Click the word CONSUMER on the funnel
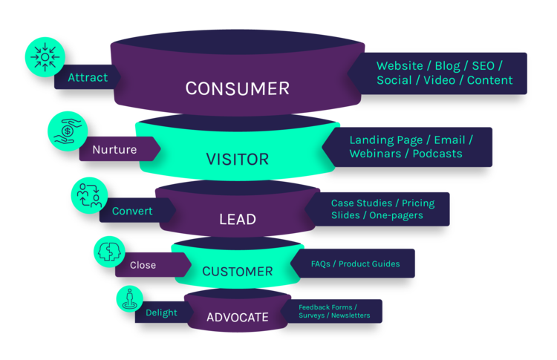point(237,88)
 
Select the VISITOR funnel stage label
point(237,159)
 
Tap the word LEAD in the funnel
point(237,220)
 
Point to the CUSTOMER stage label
point(237,271)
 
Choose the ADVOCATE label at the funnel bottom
point(237,318)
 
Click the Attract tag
point(88,77)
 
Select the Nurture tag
point(114,149)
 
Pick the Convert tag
point(132,211)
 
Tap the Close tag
point(143,265)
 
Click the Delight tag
point(161,312)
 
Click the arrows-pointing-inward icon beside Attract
point(46,56)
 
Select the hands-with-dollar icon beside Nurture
point(68,129)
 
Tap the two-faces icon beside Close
point(110,250)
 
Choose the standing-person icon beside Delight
point(129,298)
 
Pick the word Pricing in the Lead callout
point(417,203)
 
